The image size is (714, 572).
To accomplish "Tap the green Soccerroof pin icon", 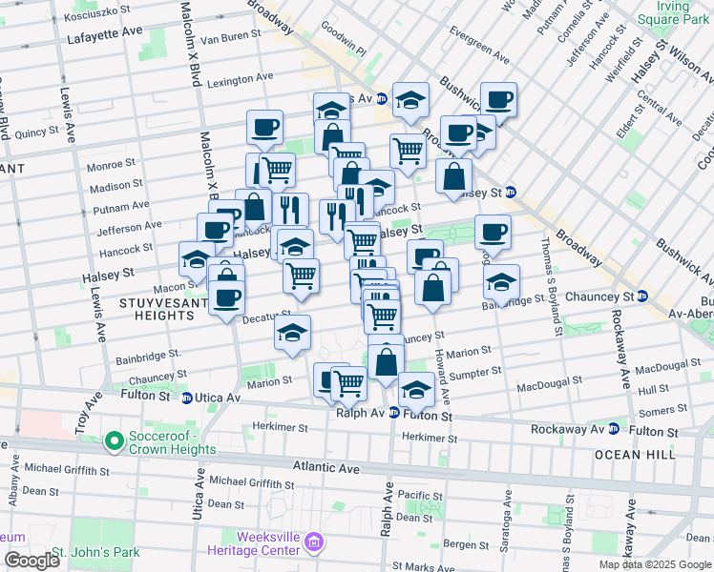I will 114,440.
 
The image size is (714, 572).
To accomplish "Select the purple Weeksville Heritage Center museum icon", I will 316,542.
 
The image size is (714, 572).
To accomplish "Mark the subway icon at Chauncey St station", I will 642,296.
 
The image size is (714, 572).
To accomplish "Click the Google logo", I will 31,561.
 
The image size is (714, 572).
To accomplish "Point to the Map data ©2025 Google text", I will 655,564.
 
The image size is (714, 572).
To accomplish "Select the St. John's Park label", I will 95,552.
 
